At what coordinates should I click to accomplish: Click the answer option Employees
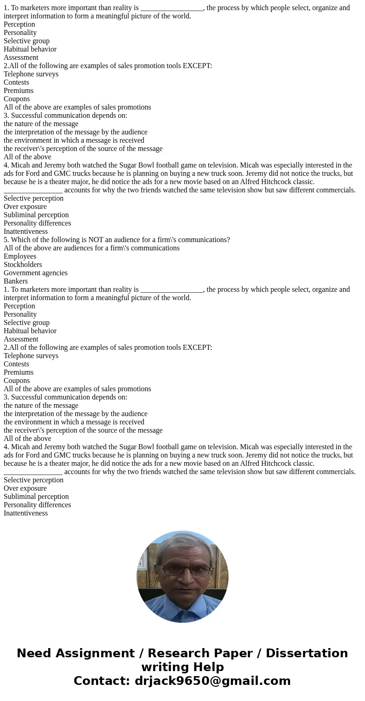click(x=20, y=256)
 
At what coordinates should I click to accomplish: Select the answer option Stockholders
click(x=23, y=265)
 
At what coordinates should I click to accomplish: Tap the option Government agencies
click(x=35, y=273)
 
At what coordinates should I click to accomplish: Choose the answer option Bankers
click(x=16, y=281)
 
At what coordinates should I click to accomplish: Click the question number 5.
click(x=6, y=240)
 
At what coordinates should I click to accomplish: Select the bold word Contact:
click(x=102, y=681)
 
